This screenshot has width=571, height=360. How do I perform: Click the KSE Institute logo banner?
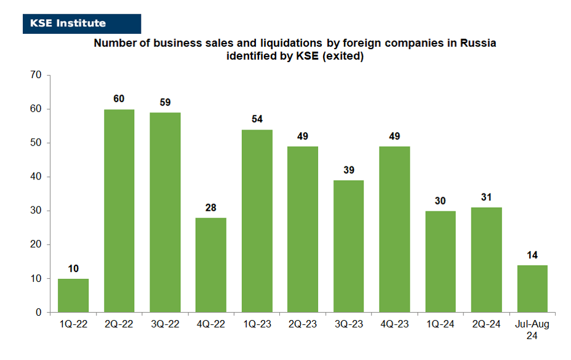pyautogui.click(x=82, y=23)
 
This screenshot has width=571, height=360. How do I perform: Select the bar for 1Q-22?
pyautogui.click(x=73, y=295)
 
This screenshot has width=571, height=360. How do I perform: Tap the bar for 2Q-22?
pyautogui.click(x=119, y=211)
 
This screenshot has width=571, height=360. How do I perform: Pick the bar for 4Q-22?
pyautogui.click(x=211, y=265)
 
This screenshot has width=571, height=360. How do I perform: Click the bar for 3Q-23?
pyautogui.click(x=348, y=246)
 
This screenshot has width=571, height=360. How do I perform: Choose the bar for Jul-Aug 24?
pyautogui.click(x=532, y=289)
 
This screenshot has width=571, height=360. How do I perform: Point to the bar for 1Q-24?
pyautogui.click(x=441, y=262)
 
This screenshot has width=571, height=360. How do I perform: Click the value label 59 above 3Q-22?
pyautogui.click(x=165, y=102)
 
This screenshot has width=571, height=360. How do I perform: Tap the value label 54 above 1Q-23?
pyautogui.click(x=257, y=119)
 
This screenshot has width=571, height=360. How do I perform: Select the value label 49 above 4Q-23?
pyautogui.click(x=394, y=136)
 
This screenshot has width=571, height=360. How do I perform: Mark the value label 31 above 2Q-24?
pyautogui.click(x=486, y=197)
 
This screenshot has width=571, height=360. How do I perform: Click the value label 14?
pyautogui.click(x=532, y=255)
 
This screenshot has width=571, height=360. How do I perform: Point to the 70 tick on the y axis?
pyautogui.click(x=36, y=74)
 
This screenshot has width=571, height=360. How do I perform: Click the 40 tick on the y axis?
pyautogui.click(x=36, y=176)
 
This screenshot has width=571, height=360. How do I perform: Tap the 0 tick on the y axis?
pyautogui.click(x=38, y=312)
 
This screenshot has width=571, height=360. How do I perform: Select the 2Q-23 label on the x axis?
pyautogui.click(x=303, y=324)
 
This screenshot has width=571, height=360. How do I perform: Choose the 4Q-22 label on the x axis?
pyautogui.click(x=211, y=324)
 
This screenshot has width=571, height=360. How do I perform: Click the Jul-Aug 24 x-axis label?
pyautogui.click(x=532, y=329)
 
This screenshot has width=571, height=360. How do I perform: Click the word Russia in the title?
pyautogui.click(x=478, y=43)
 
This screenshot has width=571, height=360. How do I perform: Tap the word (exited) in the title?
pyautogui.click(x=343, y=56)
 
